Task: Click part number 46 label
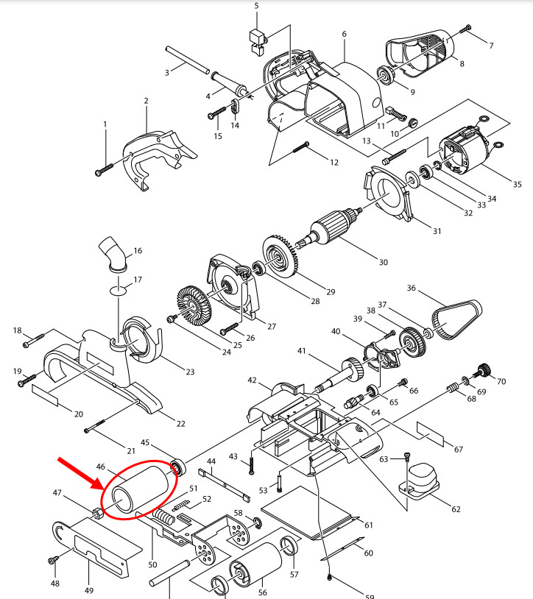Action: coord(101,466)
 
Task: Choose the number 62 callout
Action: coord(456,508)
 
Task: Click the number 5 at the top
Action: coord(257,7)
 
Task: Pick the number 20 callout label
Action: coord(78,414)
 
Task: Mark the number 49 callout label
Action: coord(89,589)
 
